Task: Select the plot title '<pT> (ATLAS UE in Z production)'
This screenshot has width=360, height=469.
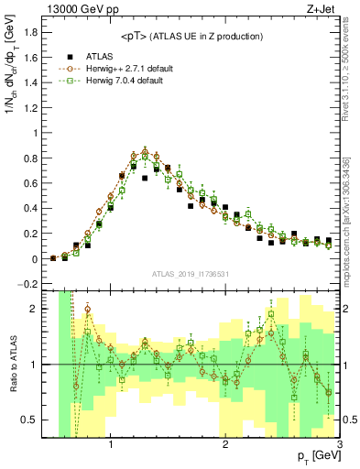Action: [191, 36]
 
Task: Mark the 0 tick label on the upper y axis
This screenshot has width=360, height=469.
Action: [38, 259]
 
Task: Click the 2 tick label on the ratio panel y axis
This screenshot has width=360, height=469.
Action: [38, 310]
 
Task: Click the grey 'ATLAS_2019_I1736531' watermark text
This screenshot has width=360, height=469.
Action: [191, 275]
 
